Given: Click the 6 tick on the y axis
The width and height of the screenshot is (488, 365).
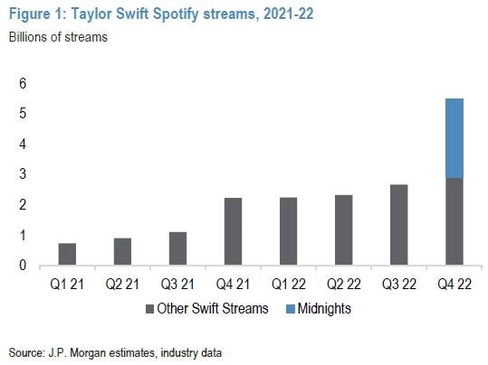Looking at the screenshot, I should point(13,83).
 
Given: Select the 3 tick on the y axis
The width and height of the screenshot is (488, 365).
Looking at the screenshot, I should point(13,174).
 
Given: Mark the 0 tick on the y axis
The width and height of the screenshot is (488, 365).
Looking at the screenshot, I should point(13,266).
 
